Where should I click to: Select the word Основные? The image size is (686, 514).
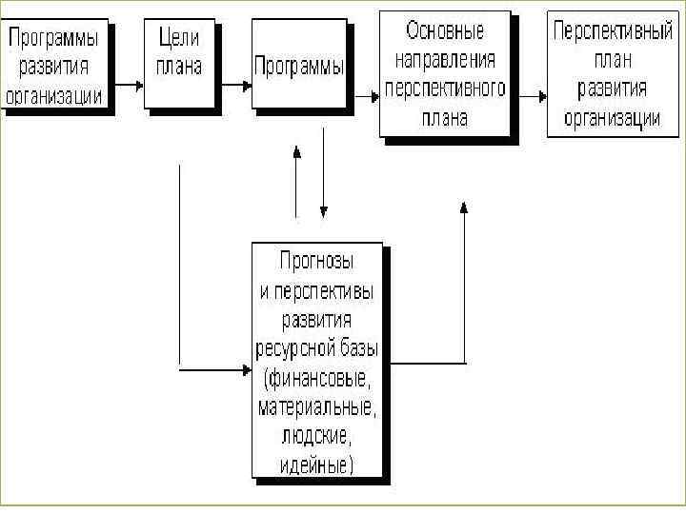(446, 31)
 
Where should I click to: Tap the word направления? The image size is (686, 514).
(445, 61)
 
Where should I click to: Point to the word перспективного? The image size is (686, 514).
(445, 90)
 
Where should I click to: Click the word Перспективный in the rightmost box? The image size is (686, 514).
(606, 31)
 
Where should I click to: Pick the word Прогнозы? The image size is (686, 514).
(317, 260)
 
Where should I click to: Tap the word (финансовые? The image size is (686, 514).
(317, 379)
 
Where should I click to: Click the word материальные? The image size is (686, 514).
(317, 408)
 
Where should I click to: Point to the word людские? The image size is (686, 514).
(317, 437)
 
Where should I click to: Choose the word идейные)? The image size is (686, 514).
(317, 465)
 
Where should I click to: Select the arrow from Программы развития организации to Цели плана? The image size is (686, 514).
(131, 84)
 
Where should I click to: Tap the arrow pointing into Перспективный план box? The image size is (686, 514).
(534, 94)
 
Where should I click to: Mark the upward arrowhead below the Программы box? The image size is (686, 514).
(298, 152)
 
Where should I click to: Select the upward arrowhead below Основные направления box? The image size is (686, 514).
(464, 208)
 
